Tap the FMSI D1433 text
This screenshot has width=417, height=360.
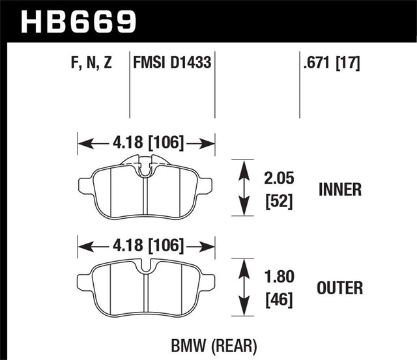pos(173,64)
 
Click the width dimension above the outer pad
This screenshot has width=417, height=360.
pos(147,245)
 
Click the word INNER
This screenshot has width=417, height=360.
pos(340,190)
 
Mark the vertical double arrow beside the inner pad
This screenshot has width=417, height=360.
pos(244,189)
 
